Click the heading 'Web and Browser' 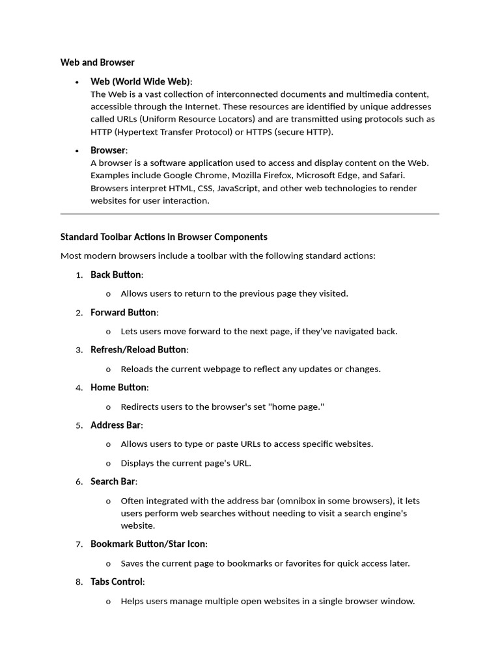98,62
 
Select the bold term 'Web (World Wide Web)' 141,81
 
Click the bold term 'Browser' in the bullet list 107,150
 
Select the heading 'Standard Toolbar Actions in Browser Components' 163,237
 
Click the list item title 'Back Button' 116,274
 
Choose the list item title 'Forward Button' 123,312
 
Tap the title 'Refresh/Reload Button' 138,350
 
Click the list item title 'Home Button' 118,388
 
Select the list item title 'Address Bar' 115,425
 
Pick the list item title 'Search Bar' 113,482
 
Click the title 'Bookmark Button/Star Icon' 148,544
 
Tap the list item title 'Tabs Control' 117,581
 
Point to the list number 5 79,425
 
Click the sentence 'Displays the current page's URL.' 186,463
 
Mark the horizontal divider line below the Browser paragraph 249,213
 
